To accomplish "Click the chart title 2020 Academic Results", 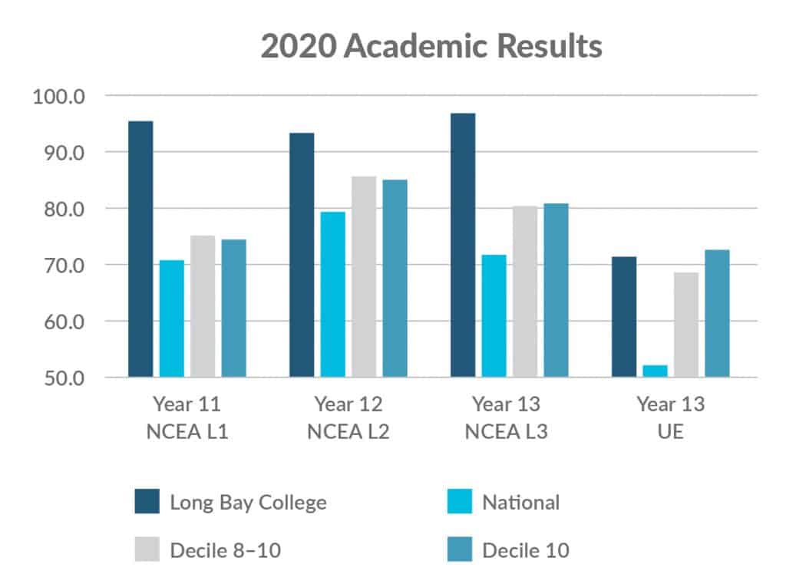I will tap(431, 46).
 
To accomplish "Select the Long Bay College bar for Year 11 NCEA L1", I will tap(140, 249).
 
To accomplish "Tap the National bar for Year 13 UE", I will tap(655, 371).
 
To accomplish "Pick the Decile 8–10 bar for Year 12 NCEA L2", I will tap(364, 277).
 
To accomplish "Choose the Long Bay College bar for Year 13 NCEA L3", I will tap(463, 246).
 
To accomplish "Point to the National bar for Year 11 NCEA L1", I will tap(171, 318).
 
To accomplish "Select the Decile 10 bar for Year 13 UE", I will tap(717, 313).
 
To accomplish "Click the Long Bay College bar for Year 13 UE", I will tap(624, 317).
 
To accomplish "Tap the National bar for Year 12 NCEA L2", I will tap(332, 295).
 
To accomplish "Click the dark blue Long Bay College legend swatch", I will tap(147, 503).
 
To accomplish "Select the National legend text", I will tap(520, 503).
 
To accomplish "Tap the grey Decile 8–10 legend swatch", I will tap(147, 550).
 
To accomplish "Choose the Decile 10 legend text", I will tap(525, 550).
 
